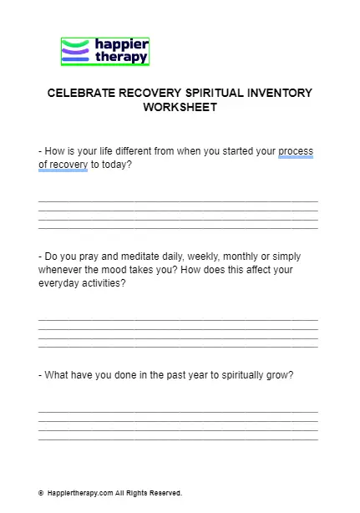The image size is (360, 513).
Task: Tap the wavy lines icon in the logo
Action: coord(75,52)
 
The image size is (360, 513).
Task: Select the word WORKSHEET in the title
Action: coord(180,107)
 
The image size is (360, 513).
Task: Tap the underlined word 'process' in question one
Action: coord(296,151)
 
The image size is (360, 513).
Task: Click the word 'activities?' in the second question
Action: coord(102,283)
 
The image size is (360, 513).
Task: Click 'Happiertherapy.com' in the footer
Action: coord(79,493)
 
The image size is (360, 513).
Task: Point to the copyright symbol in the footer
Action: coord(41,493)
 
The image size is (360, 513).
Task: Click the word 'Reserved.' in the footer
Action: coord(165,493)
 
